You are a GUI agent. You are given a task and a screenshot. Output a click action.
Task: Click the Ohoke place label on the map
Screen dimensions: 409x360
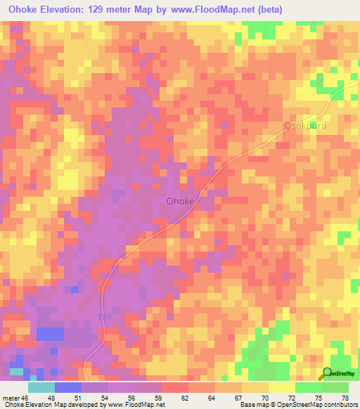point(180,201)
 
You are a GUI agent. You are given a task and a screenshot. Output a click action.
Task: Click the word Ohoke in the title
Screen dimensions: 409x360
point(25,9)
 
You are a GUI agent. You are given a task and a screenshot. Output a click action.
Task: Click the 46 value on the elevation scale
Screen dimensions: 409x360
point(25,398)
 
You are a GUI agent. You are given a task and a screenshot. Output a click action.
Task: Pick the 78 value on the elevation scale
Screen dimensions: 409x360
point(344,398)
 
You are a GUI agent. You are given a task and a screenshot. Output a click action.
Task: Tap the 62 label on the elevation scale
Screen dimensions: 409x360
point(185,398)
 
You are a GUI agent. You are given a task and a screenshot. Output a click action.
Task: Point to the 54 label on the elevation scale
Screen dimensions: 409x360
point(105,398)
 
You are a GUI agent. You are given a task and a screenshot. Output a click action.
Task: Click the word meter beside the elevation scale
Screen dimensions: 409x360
point(11,398)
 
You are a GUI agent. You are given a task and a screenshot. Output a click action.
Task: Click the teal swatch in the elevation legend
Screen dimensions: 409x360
point(41,387)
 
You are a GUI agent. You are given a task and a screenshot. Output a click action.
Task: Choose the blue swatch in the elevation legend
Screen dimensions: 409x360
point(68,387)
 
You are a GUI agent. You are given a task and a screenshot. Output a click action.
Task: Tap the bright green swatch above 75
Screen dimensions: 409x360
point(309,387)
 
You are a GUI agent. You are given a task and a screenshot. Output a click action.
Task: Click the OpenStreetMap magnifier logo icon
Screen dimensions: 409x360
point(326,374)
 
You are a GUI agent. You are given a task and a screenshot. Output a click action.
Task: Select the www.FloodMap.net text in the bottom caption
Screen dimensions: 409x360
point(137,405)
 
